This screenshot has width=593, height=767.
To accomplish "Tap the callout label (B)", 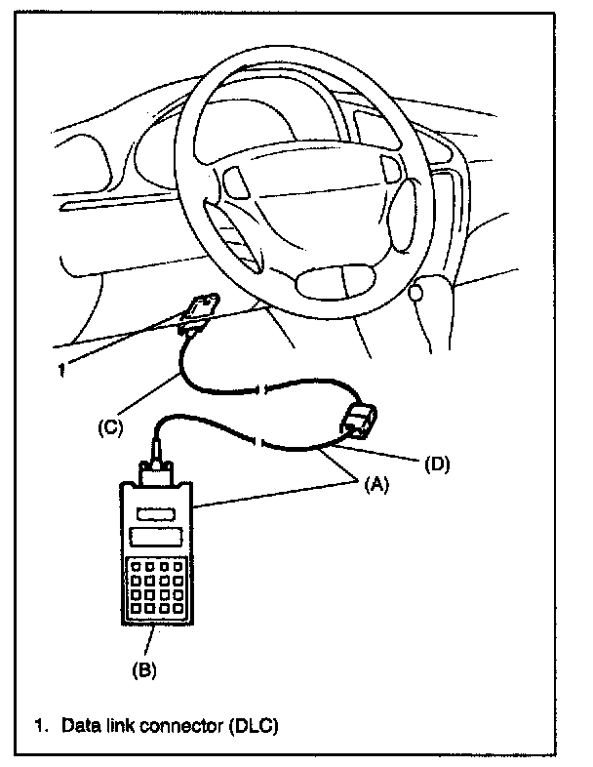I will [x=143, y=669].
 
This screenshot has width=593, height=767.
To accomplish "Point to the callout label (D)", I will [x=436, y=464].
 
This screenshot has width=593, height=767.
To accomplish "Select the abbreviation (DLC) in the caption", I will [x=257, y=727].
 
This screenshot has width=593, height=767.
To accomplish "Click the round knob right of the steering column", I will [x=416, y=292].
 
